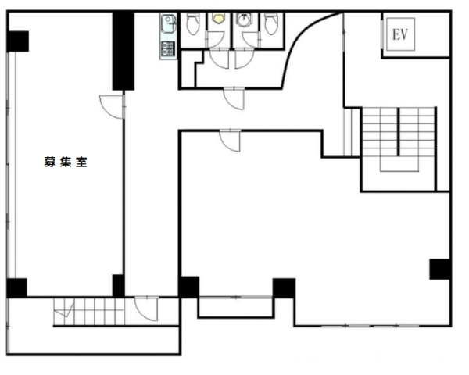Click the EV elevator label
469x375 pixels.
(x=400, y=34)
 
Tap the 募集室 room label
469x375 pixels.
(x=66, y=162)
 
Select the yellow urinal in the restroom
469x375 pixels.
(x=218, y=17)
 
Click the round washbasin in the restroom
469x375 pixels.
(x=244, y=19)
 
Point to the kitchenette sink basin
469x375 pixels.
(x=168, y=23)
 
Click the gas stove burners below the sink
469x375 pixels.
(x=167, y=49)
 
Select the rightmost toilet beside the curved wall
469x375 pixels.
(x=271, y=23)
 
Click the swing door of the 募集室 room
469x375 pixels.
(x=112, y=106)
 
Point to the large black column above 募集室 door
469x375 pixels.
(x=123, y=51)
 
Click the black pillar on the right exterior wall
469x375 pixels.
(x=440, y=269)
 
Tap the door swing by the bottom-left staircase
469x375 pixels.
(x=146, y=309)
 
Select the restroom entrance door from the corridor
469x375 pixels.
(x=234, y=98)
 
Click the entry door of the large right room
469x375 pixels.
(x=230, y=141)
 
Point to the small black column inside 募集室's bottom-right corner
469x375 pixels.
(x=118, y=286)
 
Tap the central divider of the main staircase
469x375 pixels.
(x=398, y=131)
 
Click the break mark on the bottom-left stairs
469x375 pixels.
(x=65, y=311)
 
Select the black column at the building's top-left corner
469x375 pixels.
(x=18, y=41)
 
